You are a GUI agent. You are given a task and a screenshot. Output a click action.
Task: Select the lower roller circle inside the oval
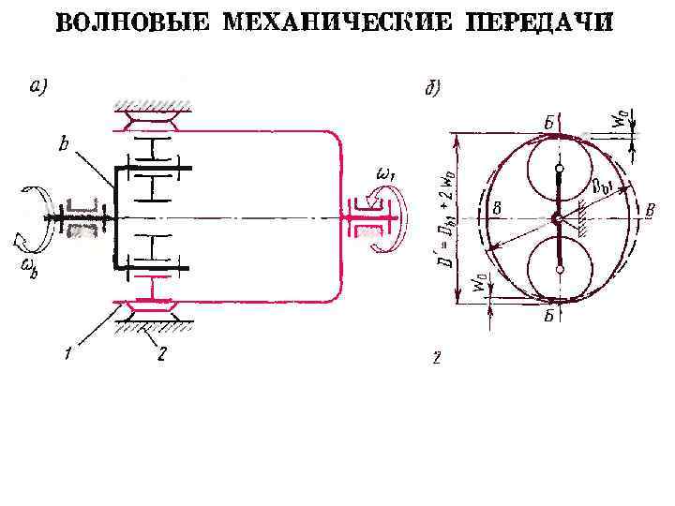point(559,268)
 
